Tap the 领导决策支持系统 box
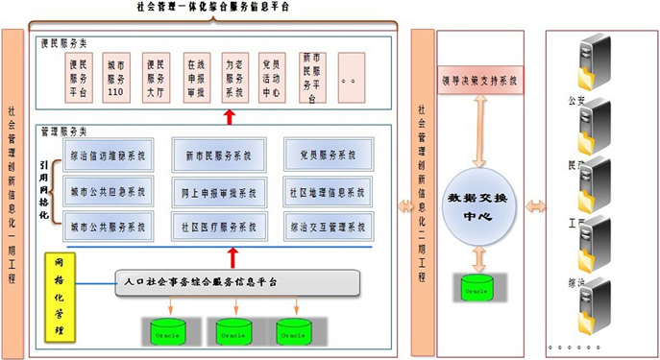point(478,83)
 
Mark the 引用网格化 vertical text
point(43,188)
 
